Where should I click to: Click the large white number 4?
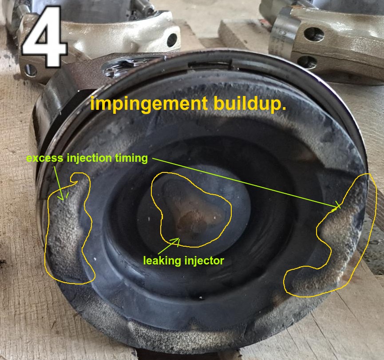click(44, 37)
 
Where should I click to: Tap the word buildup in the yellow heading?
click(250, 104)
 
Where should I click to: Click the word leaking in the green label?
click(162, 261)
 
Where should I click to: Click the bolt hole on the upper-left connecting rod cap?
click(172, 40)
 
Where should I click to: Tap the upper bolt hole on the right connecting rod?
click(314, 34)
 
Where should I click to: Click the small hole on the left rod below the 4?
click(31, 71)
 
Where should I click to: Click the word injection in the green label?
click(89, 159)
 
